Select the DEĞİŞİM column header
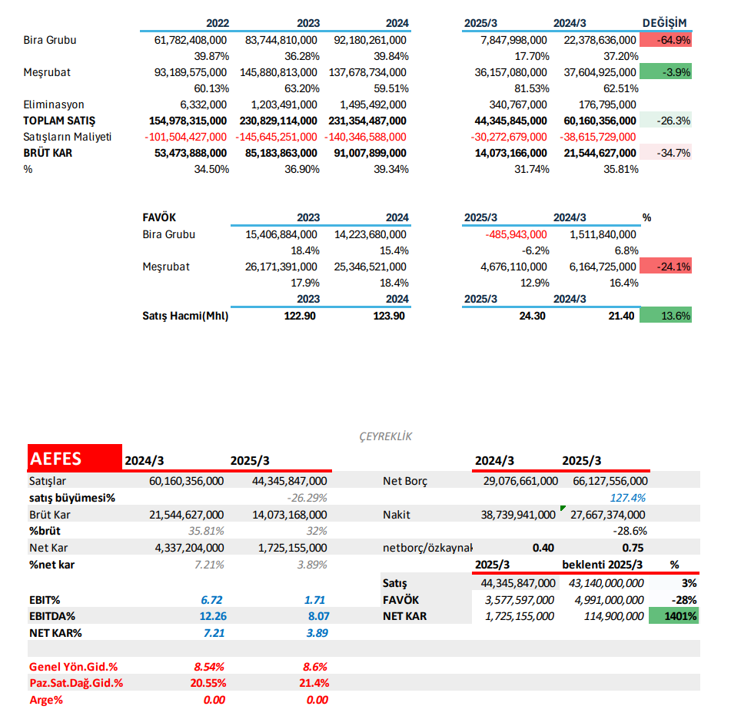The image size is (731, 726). [664, 23]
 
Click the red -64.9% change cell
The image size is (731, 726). [666, 40]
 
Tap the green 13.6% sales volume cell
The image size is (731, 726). [666, 315]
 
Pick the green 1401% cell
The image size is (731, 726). [674, 616]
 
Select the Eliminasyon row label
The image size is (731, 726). [54, 104]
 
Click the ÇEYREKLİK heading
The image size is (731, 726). [386, 436]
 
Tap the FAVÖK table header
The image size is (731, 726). [159, 217]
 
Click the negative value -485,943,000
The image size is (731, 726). [517, 234]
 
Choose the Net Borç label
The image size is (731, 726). [405, 481]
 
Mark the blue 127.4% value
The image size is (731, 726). [628, 497]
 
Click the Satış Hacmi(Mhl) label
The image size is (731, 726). [185, 315]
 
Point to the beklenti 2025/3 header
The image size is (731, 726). [603, 565]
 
